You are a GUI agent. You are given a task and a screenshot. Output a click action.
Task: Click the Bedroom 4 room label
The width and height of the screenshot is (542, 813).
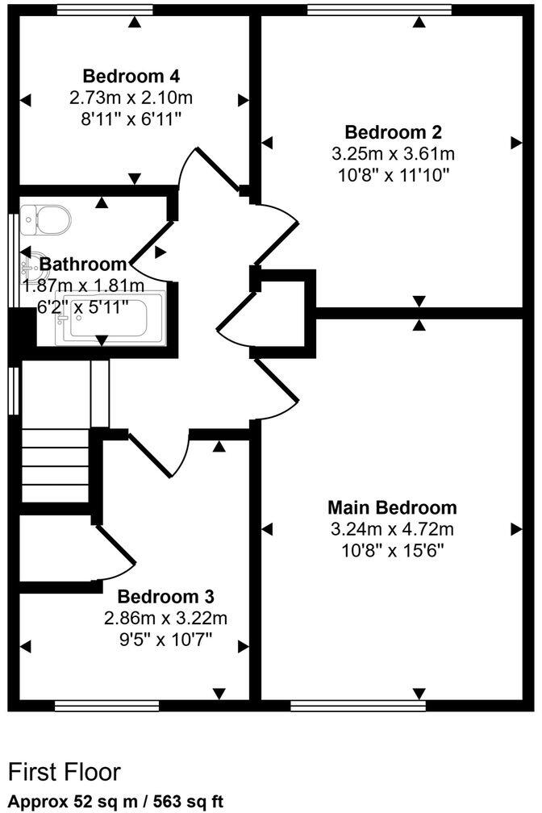tap(131, 77)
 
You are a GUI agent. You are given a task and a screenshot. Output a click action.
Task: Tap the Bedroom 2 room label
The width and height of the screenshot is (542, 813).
tap(393, 131)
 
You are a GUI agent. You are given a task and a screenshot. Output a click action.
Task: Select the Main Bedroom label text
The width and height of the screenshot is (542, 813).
tap(392, 507)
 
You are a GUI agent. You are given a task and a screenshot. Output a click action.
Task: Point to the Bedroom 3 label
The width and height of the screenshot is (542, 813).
tap(165, 597)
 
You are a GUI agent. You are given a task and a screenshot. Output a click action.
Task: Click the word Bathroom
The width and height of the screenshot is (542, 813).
tap(83, 264)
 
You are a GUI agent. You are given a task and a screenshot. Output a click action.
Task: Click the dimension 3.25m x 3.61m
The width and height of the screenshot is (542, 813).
tap(393, 152)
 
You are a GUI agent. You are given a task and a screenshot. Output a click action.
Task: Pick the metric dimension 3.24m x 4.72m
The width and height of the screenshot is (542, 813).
tap(392, 529)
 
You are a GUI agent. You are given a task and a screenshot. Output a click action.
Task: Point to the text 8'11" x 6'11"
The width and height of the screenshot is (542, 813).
tap(131, 119)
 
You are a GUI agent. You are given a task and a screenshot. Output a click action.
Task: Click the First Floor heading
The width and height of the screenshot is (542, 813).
tap(64, 772)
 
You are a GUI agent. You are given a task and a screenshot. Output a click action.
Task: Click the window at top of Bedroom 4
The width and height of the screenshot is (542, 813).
tap(106, 10)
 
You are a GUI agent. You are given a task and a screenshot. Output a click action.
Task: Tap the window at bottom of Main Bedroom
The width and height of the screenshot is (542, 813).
tap(357, 707)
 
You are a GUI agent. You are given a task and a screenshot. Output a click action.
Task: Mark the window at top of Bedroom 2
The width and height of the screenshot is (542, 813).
tap(379, 10)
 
